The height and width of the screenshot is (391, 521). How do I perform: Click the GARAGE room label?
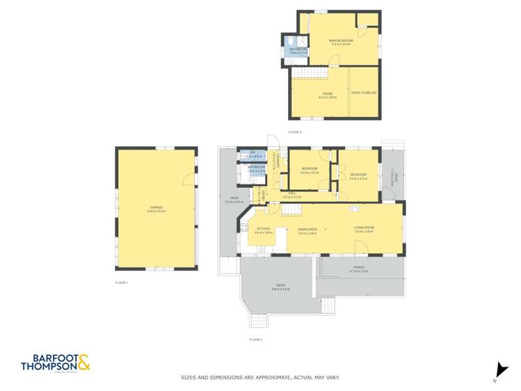coord(157,209)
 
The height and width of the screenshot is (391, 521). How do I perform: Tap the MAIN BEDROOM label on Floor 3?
coord(341,41)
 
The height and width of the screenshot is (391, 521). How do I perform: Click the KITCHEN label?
coord(264,229)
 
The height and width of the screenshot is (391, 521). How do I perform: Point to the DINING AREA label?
coord(307,230)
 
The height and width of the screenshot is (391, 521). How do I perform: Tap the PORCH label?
coord(360,268)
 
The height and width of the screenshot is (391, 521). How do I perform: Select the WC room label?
coord(253,154)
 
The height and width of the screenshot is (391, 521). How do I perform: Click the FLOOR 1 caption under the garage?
coord(122,282)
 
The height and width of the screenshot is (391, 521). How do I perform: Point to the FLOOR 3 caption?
coord(295,131)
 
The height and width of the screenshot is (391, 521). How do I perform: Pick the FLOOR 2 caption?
coord(256,340)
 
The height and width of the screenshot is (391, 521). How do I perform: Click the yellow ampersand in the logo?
coord(83,362)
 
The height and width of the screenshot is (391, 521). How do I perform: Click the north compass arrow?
coord(499,371)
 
